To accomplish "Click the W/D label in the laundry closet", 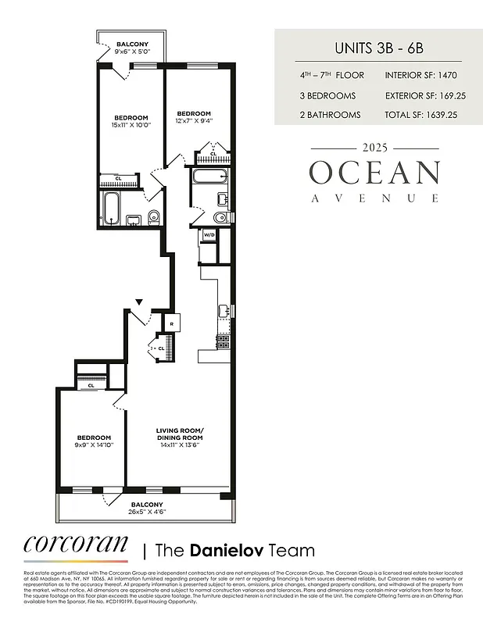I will click(209, 234).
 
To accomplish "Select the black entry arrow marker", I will click(139, 302).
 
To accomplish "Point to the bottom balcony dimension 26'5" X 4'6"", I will click(147, 512).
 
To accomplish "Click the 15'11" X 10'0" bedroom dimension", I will click(130, 125).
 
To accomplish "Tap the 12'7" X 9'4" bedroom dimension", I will click(193, 121).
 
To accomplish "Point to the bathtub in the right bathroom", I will click(206, 176).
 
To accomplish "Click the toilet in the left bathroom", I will click(152, 216).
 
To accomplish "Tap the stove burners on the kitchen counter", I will click(223, 341).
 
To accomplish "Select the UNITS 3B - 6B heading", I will click(377, 48).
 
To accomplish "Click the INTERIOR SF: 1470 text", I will click(420, 76).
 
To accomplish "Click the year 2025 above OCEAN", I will click(374, 148).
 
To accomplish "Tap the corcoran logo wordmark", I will click(75, 545).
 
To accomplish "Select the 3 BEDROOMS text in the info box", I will click(327, 95).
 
